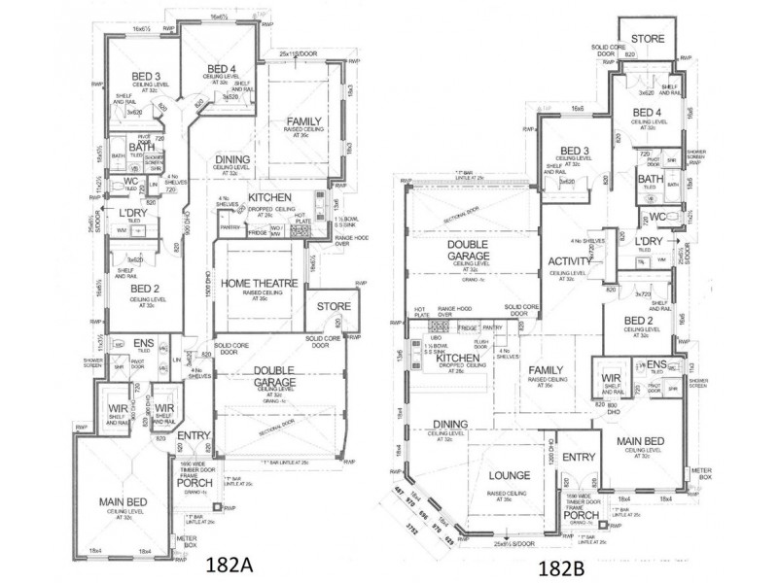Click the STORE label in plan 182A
324,307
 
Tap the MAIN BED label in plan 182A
124,502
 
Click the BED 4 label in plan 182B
648,114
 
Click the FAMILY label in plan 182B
548,369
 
